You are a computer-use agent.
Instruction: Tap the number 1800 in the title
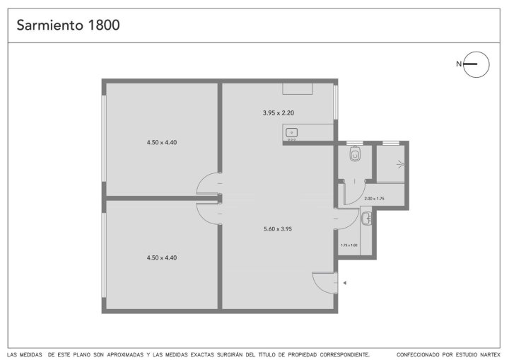tap(104, 25)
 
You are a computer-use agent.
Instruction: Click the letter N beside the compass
tap(459, 64)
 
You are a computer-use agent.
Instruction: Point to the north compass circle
tap(476, 52)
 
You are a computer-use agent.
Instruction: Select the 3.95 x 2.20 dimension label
tap(279, 113)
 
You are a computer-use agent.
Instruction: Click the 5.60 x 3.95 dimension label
tap(278, 228)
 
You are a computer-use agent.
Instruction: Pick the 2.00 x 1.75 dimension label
tap(374, 199)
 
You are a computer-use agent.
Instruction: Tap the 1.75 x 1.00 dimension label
tap(349, 245)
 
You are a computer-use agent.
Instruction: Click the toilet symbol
tap(355, 153)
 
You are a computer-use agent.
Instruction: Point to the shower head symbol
tap(401, 165)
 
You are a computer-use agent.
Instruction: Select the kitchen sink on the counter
tap(292, 132)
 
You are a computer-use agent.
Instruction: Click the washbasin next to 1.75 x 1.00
tap(367, 218)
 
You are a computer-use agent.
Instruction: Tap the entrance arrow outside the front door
tap(345, 283)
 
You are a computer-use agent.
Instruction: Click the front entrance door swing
tap(323, 283)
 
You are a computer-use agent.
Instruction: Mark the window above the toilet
tap(355, 143)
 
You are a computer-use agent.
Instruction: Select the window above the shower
tap(390, 143)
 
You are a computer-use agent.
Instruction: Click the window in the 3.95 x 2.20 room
tap(336, 103)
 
